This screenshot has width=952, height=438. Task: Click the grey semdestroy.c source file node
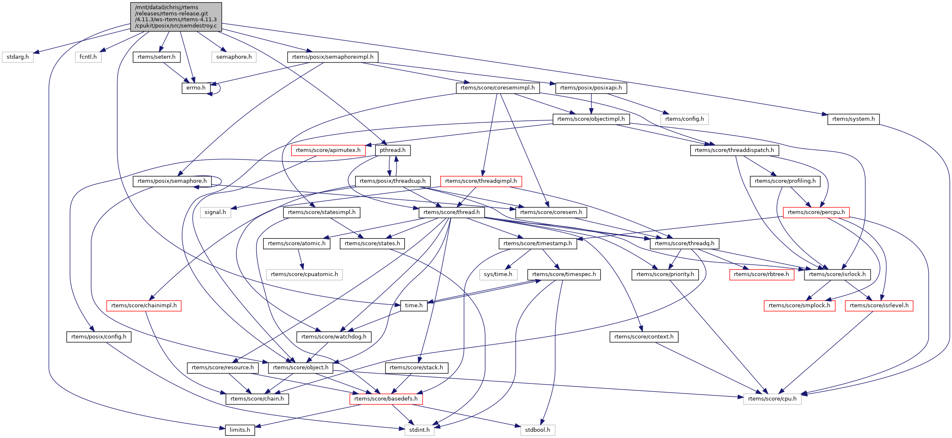pos(176,17)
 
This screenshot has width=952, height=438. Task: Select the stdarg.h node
pos(18,57)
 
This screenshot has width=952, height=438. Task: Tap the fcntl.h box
pos(88,57)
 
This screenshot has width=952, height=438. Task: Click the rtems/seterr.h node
pos(156,57)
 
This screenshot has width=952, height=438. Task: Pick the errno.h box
pos(195,88)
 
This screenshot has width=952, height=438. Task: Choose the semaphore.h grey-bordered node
pos(234,57)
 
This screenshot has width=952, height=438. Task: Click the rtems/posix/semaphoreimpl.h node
pos(333,57)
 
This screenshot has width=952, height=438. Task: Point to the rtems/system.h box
pos(853,119)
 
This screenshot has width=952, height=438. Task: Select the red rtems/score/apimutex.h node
pos(328,150)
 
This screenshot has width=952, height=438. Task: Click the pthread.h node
pos(392,150)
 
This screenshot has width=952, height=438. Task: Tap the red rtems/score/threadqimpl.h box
pos(481,181)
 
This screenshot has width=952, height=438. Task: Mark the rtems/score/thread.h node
pos(451,212)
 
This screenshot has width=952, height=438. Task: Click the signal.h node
pos(215,212)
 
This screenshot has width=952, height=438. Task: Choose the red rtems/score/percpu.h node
pos(816,212)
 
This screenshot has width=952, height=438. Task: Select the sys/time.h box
pos(498,274)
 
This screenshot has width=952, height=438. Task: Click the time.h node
pos(413,306)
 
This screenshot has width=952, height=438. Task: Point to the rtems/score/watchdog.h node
pos(333,337)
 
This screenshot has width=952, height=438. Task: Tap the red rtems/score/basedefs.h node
pos(386,399)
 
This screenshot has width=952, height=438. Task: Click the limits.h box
pos(240,430)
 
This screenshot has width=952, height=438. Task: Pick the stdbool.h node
pos(537,430)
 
